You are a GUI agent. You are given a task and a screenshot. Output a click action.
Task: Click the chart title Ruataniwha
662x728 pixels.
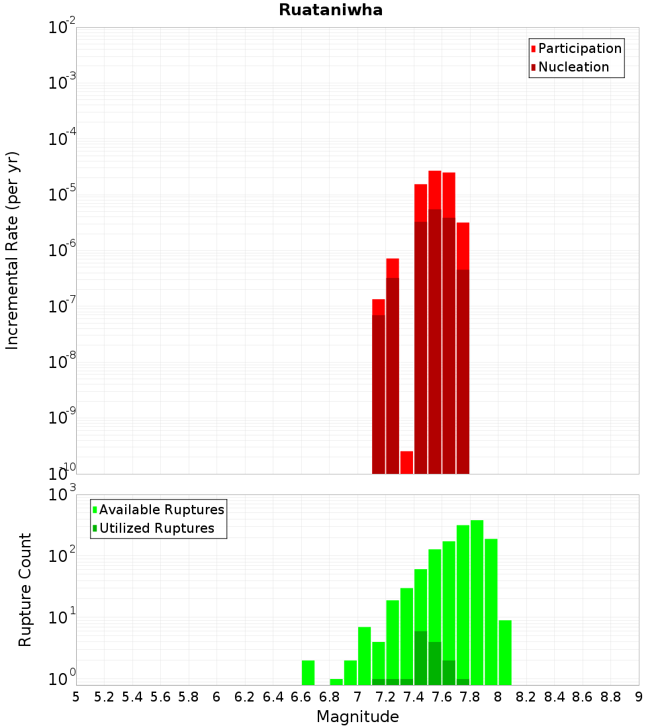point(330,11)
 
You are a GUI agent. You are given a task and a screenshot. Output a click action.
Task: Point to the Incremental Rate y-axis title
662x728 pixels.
point(13,250)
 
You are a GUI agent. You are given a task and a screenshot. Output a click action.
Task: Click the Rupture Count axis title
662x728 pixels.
point(25,589)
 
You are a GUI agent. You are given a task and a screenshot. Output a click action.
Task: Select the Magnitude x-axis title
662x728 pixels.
point(357,717)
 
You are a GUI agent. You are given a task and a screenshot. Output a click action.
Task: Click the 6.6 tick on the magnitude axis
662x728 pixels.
point(301,697)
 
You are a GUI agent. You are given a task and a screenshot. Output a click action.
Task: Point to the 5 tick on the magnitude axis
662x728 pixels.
point(76,697)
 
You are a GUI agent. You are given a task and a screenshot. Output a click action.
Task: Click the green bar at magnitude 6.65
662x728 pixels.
point(308,672)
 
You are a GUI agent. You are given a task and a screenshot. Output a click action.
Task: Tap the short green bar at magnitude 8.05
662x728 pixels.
point(505,652)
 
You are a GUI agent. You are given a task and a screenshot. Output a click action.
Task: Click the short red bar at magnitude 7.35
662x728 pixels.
point(406,463)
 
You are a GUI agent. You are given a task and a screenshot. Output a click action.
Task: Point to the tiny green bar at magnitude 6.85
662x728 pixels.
point(336,682)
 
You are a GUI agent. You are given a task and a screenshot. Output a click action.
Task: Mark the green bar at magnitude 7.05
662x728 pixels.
point(364,655)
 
